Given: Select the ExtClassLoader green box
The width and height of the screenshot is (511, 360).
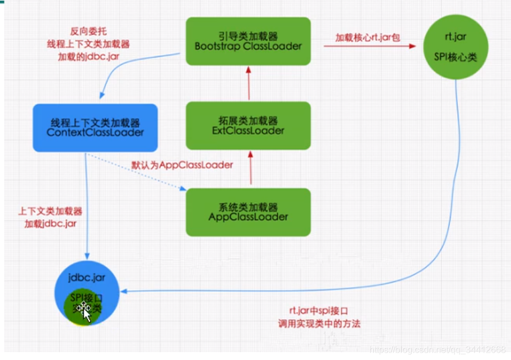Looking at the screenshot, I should click(248, 125).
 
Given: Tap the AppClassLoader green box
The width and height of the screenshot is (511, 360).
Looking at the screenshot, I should click(248, 212).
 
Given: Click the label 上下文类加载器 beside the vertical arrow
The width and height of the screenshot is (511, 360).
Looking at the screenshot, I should click(50, 212).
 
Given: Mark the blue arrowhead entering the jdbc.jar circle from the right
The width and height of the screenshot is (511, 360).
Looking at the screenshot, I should click(126, 291).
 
